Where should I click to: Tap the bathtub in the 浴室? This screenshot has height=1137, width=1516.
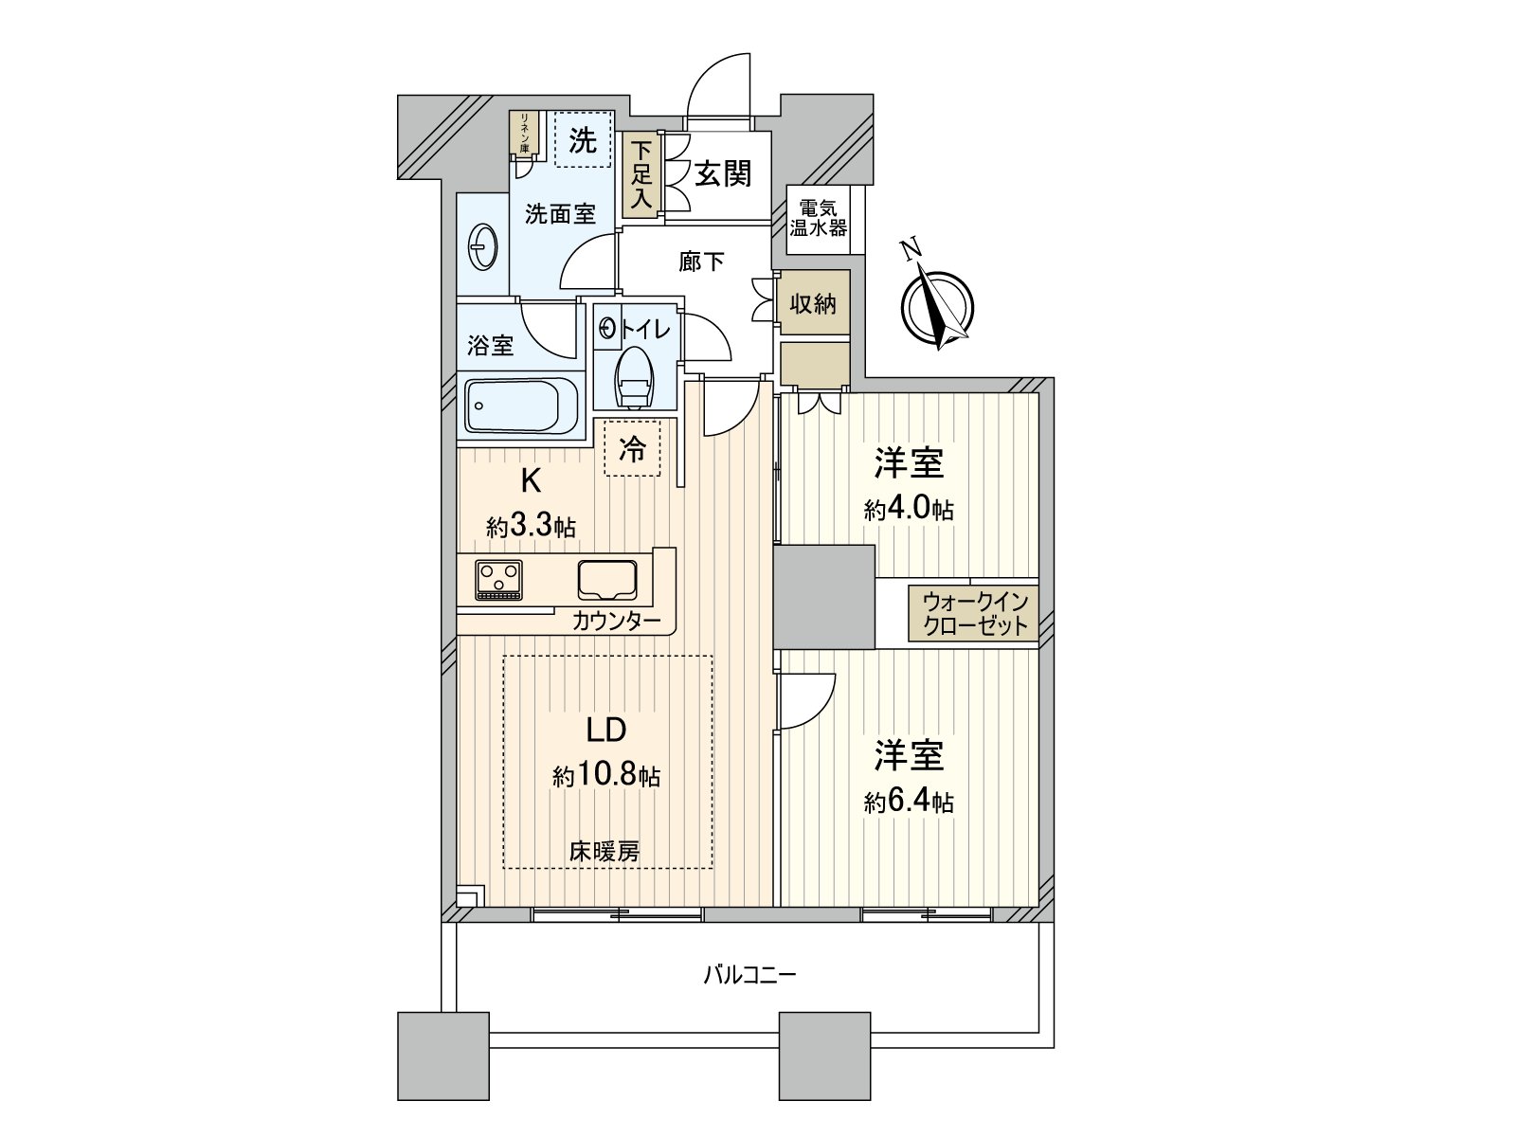(x=520, y=406)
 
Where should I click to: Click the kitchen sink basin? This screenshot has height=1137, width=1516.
(x=607, y=579)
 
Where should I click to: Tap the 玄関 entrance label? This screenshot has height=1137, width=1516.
(x=722, y=173)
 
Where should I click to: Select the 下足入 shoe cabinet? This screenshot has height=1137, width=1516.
(x=642, y=175)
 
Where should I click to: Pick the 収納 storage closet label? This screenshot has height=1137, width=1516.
(x=813, y=304)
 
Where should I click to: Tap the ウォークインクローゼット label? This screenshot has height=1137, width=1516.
(x=974, y=614)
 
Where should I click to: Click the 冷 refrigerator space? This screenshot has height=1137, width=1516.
(x=633, y=448)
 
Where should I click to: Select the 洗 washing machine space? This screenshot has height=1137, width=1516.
(x=582, y=140)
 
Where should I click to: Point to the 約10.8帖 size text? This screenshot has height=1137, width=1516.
(x=606, y=777)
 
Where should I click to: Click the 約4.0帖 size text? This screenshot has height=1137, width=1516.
(x=909, y=510)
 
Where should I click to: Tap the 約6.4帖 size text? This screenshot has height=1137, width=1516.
(x=909, y=803)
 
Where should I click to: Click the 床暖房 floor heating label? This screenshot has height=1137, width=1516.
(x=605, y=851)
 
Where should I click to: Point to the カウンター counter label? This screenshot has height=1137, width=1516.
(x=617, y=622)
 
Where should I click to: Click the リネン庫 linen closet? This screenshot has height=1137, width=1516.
(x=522, y=133)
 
